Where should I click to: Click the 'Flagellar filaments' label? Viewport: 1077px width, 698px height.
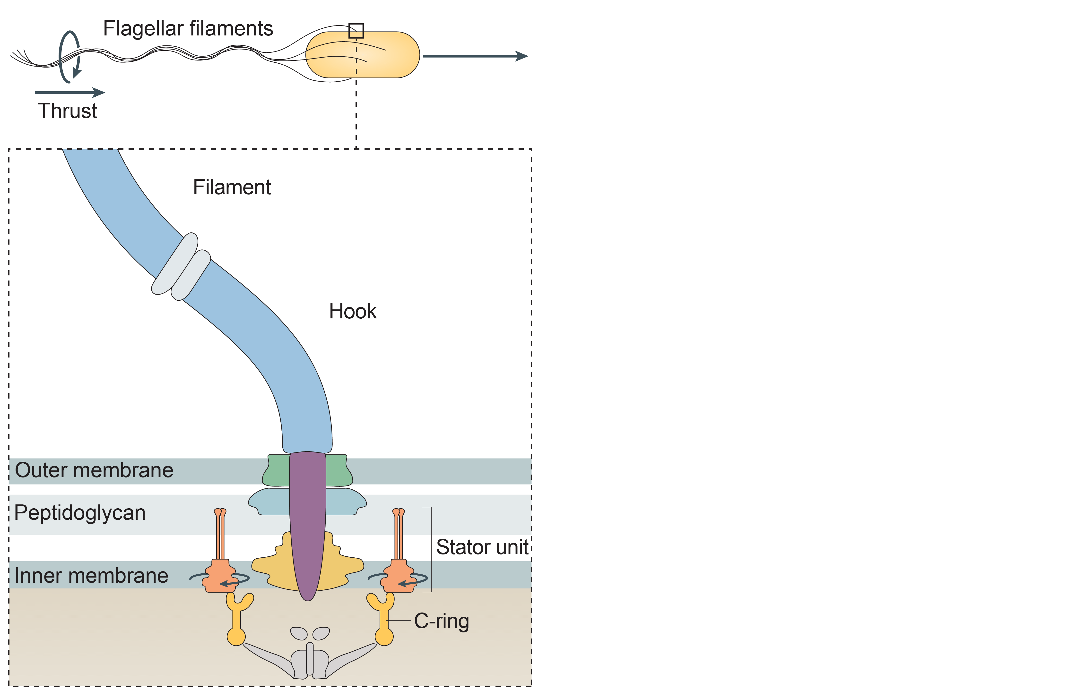[x=188, y=28]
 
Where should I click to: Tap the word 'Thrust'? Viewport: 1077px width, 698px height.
[x=67, y=111]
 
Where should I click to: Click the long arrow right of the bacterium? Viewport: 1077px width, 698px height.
[x=475, y=56]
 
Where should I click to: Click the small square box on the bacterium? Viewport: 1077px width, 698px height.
[x=356, y=31]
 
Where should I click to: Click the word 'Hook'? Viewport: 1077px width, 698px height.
[x=353, y=311]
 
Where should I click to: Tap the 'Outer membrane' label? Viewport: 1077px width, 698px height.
[x=94, y=470]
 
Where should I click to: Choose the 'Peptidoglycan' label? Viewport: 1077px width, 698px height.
[x=80, y=512]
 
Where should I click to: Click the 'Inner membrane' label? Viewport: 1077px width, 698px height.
[x=91, y=575]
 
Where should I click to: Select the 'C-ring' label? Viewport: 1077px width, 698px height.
[x=441, y=621]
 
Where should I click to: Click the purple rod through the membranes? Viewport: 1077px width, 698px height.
[x=308, y=520]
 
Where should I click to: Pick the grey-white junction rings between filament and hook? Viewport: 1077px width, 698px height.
[x=181, y=267]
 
